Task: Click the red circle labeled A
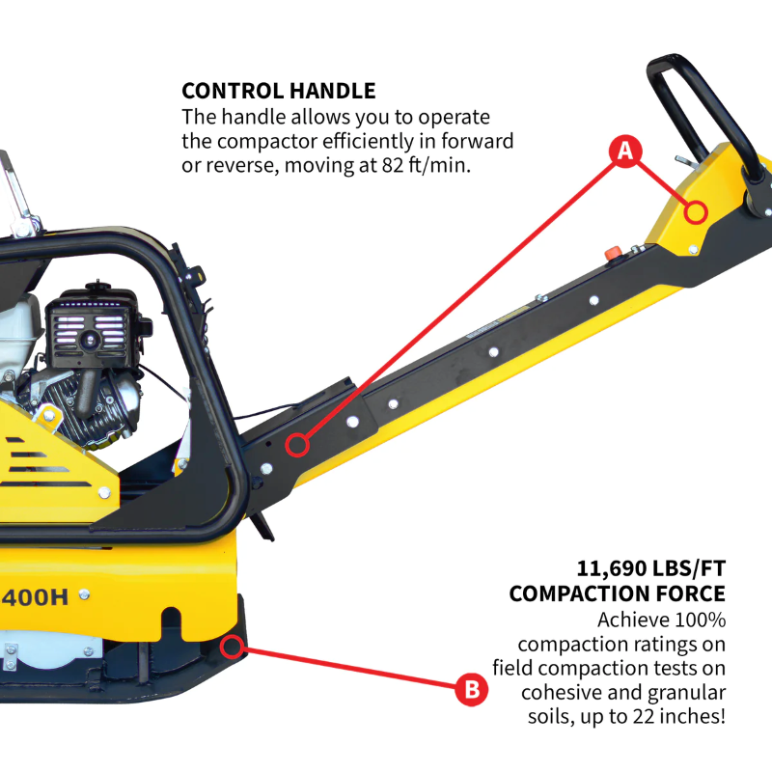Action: (x=624, y=151)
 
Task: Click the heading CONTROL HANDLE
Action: (x=279, y=92)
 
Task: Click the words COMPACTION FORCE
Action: (x=617, y=593)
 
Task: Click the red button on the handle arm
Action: (x=611, y=253)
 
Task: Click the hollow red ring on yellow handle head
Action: (x=696, y=211)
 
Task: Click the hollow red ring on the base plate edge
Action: (x=232, y=646)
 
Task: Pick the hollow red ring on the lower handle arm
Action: (x=297, y=445)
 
